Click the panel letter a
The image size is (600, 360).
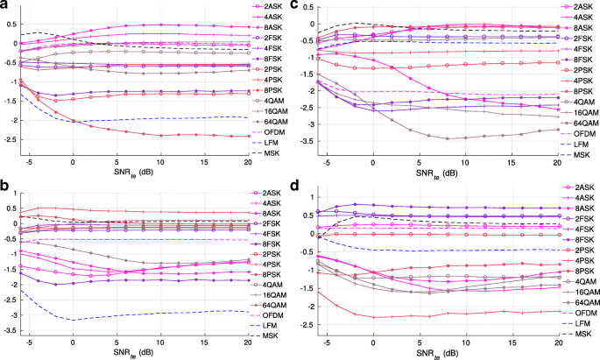pyautogui.click(x=6, y=7)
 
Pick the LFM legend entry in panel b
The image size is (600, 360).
pyautogui.click(x=268, y=324)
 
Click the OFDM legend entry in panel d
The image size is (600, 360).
pyautogui.click(x=570, y=313)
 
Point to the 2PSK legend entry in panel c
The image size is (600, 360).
pyautogui.click(x=570, y=69)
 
